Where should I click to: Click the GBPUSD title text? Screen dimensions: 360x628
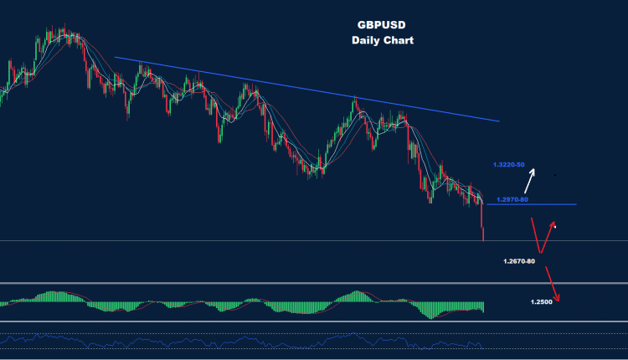point(383,26)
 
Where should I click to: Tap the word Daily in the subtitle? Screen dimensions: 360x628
point(366,40)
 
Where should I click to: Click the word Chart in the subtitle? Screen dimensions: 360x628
point(399,40)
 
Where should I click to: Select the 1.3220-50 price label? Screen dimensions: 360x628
point(509,164)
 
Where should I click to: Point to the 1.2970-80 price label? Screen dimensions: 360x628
point(512,199)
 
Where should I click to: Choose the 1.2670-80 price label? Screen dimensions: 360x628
point(519,262)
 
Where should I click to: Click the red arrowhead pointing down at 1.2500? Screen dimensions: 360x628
point(554,297)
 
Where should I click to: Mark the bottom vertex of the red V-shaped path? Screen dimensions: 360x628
point(540,253)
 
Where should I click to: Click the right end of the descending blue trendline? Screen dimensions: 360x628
point(499,121)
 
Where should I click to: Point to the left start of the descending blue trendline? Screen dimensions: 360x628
point(116,57)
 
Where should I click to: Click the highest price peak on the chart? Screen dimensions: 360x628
point(60,30)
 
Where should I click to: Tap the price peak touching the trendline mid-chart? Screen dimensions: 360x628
point(355,99)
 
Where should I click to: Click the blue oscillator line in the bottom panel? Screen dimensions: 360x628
point(251,341)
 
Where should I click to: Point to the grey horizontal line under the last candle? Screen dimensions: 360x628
point(251,241)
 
